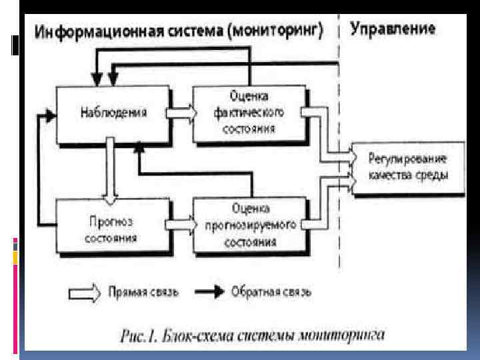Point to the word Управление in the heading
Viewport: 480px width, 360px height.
click(393, 29)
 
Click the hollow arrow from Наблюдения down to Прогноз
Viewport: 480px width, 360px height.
click(111, 173)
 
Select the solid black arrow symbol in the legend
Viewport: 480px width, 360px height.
click(210, 291)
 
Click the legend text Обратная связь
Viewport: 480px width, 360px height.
click(263, 291)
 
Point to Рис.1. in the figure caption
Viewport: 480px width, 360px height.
click(140, 333)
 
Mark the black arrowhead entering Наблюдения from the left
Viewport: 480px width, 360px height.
click(50, 116)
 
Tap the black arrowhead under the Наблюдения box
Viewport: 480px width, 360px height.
click(139, 151)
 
